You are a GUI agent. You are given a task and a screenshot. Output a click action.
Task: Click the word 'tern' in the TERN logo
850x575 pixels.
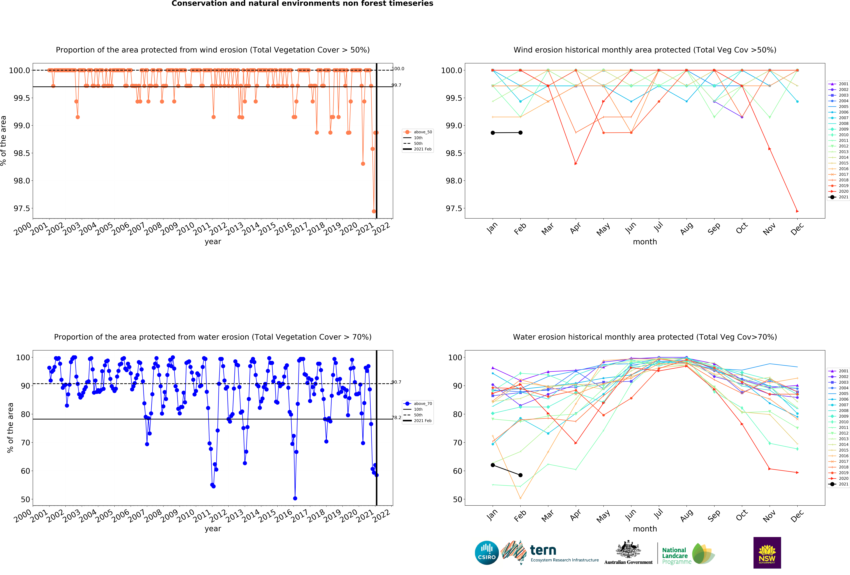coord(543,550)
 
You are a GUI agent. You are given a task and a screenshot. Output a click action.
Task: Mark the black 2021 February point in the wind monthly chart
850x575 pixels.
coord(520,133)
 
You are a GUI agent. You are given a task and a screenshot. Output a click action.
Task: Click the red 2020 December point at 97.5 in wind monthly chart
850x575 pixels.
coord(797,211)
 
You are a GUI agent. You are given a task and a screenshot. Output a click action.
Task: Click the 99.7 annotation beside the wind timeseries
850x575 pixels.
coord(396,85)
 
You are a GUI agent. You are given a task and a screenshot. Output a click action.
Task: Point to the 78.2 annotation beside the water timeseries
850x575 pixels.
coord(396,418)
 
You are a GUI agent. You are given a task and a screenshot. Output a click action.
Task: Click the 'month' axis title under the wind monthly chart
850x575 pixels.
coord(645,242)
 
